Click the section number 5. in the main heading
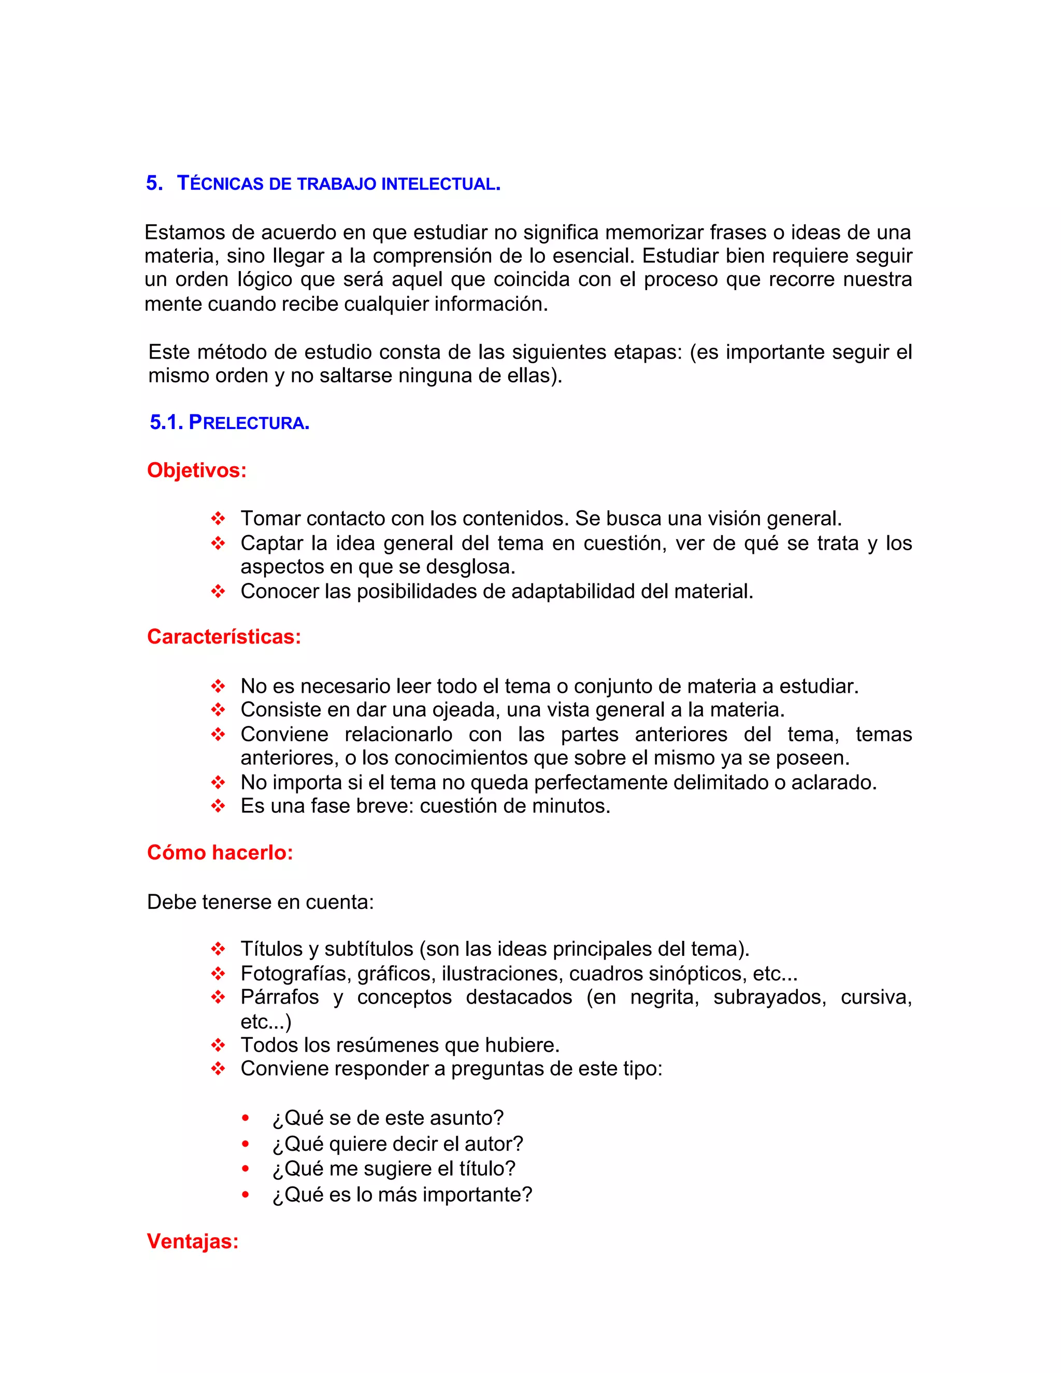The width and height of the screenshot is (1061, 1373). coord(154,183)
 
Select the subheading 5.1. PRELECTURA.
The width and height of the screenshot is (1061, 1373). coord(230,422)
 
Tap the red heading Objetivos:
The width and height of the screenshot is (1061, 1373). coord(197,470)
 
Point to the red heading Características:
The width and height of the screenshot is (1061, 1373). coord(224,637)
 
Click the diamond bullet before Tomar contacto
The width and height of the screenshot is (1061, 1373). coord(218,519)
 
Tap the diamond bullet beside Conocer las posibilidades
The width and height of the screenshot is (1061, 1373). coord(218,592)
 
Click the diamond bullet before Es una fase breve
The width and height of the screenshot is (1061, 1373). coord(218,806)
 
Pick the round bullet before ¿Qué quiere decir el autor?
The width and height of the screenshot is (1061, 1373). coord(246,1144)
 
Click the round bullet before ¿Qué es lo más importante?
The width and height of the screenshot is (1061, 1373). coord(246,1194)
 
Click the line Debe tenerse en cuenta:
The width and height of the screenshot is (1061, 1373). coord(260,902)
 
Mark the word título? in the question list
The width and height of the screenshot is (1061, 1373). coord(486,1169)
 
